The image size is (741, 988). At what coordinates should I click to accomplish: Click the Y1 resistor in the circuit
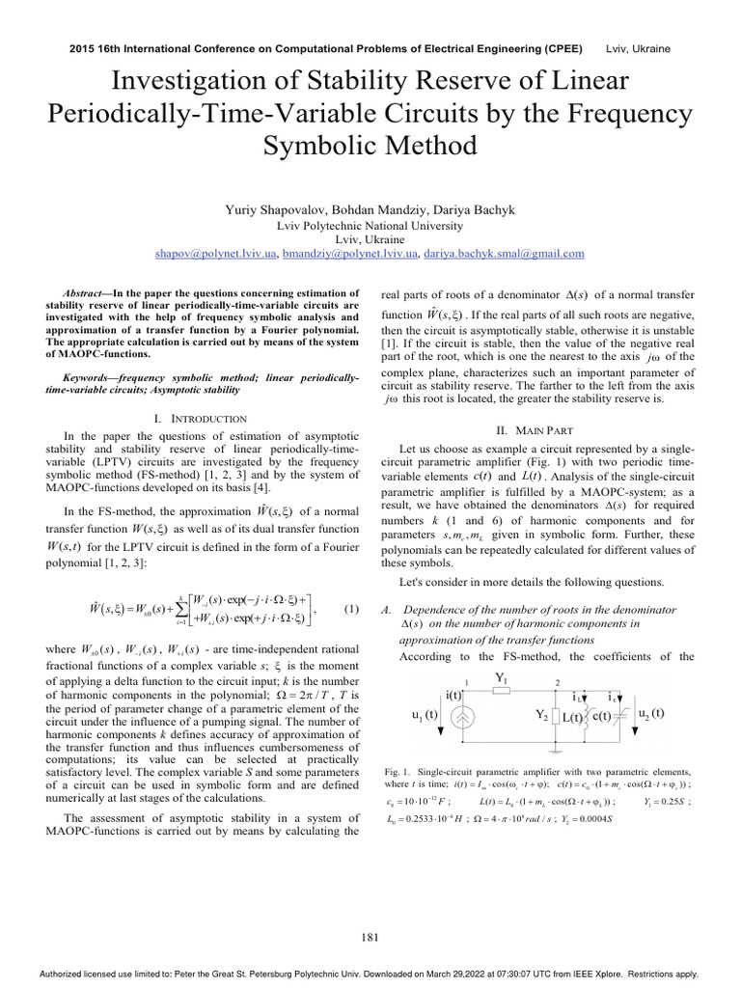501,689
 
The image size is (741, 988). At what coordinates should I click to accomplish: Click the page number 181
370,936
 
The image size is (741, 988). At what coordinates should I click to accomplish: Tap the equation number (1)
351,609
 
